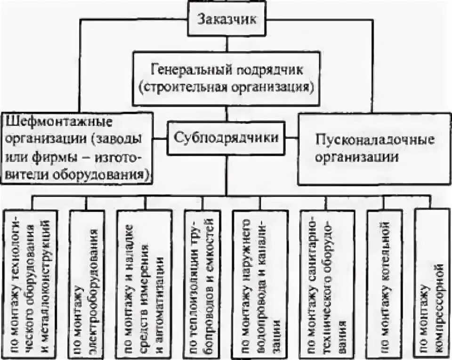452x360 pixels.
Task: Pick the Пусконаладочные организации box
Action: pos(374,148)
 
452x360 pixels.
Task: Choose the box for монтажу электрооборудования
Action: pos(88,283)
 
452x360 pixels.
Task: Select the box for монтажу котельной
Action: pos(384,283)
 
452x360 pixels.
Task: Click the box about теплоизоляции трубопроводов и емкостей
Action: pos(202,283)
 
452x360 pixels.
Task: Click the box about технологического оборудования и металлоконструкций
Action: pos(32,283)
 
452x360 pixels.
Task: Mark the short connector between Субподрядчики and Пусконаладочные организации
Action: pos(292,138)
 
